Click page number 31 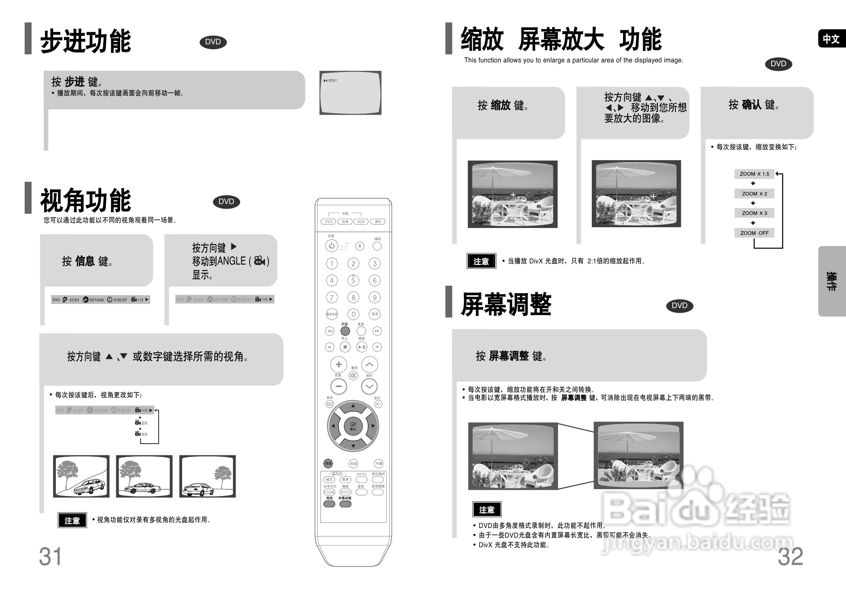tap(50, 556)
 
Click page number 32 tap(790, 556)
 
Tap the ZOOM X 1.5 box tap(754, 174)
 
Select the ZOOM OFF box tap(754, 233)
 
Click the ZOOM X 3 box tap(754, 213)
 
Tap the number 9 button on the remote tap(374, 297)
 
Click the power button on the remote tap(332, 245)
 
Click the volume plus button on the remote tap(338, 364)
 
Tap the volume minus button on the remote tap(338, 386)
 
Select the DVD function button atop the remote tap(328, 221)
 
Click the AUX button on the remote tap(361, 221)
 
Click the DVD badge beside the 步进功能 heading tap(213, 42)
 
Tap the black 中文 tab tap(831, 39)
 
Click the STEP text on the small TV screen tap(332, 80)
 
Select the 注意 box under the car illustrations tap(72, 520)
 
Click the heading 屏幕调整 tap(506, 305)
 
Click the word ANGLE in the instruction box tap(232, 261)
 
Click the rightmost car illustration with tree tap(208, 476)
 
